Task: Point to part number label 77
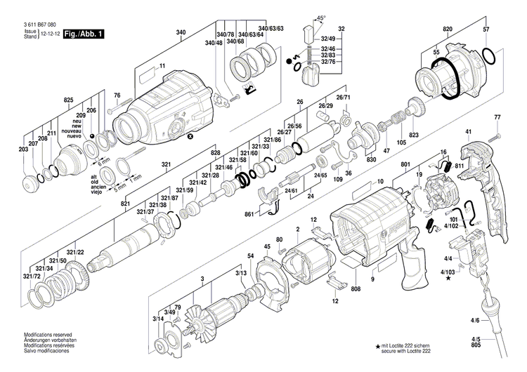[497, 117]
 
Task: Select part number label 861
[249, 213]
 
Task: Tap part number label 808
[356, 288]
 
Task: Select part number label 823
[414, 135]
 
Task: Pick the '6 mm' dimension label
[105, 161]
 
